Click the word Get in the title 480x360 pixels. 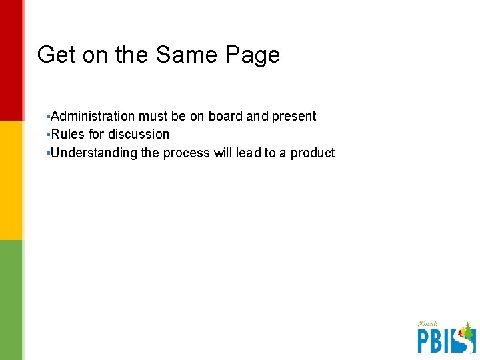(57, 55)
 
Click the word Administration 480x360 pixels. (93, 116)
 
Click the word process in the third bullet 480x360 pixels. (186, 153)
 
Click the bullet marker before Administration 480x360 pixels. (49, 116)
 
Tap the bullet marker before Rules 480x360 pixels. (49, 134)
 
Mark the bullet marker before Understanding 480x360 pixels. (49, 153)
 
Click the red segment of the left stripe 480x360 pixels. (11, 60)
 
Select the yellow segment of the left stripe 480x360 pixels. (11, 180)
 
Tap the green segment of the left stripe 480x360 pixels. (11, 300)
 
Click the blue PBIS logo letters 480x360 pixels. (437, 340)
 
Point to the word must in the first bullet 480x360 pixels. (153, 116)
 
